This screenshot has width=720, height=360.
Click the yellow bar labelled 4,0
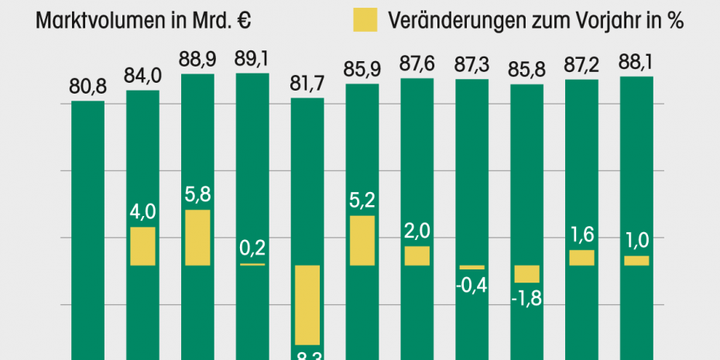142,245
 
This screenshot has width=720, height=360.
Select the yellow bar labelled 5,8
197,237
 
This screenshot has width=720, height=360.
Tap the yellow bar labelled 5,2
362,240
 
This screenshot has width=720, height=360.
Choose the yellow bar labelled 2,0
417,255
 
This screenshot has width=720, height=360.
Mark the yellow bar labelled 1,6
581,258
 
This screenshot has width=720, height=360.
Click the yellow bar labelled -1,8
527,273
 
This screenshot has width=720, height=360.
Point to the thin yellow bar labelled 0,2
252,264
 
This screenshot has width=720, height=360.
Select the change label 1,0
636,241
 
